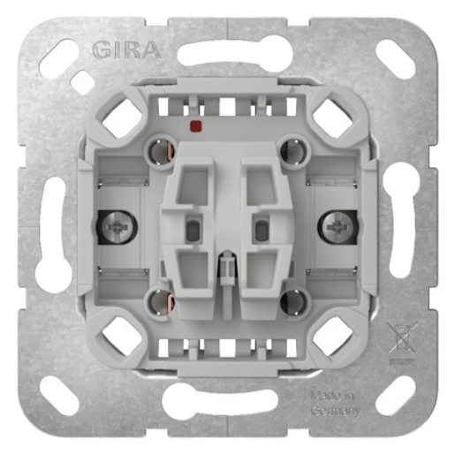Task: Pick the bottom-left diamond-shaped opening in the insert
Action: (x=121, y=336)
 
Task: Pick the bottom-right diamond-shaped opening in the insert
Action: (x=333, y=336)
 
